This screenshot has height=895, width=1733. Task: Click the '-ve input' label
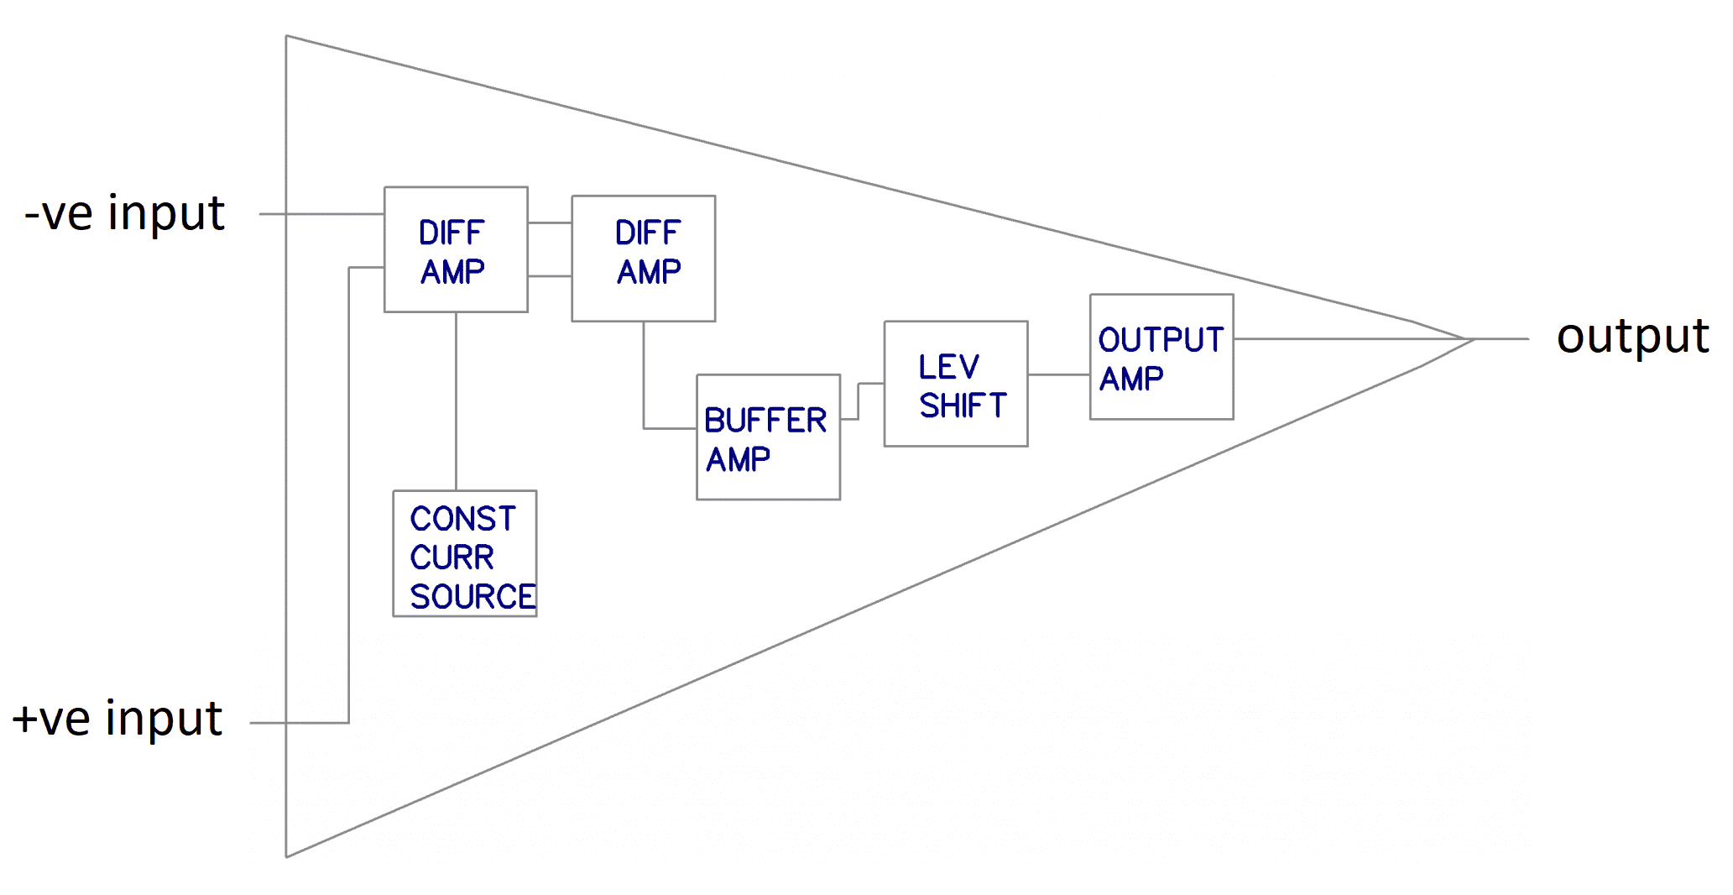click(x=124, y=213)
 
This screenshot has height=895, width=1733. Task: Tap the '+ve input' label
click(x=117, y=719)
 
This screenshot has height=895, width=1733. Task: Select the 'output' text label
click(x=1631, y=338)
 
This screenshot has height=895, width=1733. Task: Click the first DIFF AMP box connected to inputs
click(x=456, y=249)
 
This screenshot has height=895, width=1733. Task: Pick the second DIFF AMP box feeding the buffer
click(x=644, y=259)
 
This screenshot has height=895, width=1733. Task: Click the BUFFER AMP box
click(x=768, y=437)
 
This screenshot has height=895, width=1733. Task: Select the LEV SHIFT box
click(x=955, y=384)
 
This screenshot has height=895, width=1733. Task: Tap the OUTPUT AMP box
click(x=1161, y=357)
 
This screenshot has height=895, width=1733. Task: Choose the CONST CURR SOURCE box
click(x=465, y=554)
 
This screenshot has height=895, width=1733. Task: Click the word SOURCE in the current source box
click(x=472, y=597)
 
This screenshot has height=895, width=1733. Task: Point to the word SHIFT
click(x=963, y=406)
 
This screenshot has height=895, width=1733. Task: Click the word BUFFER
click(x=765, y=420)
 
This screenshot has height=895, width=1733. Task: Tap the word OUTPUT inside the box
click(x=1161, y=339)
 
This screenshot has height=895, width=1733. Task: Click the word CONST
click(x=462, y=519)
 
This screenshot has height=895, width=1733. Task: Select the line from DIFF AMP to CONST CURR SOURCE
click(x=456, y=401)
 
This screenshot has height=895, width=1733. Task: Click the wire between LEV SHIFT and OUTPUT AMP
click(x=1058, y=374)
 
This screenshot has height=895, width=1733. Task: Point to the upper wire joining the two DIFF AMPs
click(x=550, y=222)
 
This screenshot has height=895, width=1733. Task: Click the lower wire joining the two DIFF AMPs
click(x=550, y=276)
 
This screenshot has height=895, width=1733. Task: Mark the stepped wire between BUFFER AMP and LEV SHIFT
click(x=859, y=400)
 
